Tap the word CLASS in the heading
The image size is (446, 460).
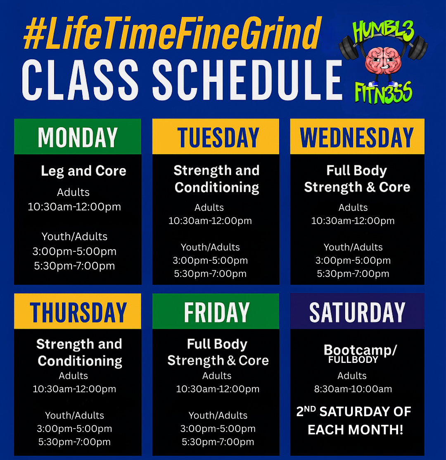pos(80,80)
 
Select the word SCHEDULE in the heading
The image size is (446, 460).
pos(247,80)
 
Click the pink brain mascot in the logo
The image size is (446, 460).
pos(383,61)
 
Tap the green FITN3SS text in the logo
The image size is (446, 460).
pos(383,92)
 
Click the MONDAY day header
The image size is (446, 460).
pos(78,137)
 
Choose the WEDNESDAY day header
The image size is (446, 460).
pos(357,137)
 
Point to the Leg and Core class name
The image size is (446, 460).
pos(83,171)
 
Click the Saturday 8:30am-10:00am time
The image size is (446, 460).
pos(353,389)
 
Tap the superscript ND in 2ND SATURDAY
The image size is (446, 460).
pos(310,409)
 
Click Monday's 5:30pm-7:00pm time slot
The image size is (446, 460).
pos(74,266)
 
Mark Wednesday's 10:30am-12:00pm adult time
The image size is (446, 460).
pos(353,221)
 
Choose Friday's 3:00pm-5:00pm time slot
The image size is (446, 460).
pos(218,429)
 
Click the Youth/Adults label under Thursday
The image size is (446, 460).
pos(74,415)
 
